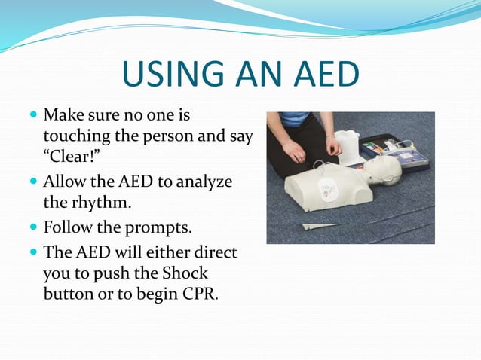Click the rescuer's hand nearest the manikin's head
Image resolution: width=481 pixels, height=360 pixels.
coord(334,144)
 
